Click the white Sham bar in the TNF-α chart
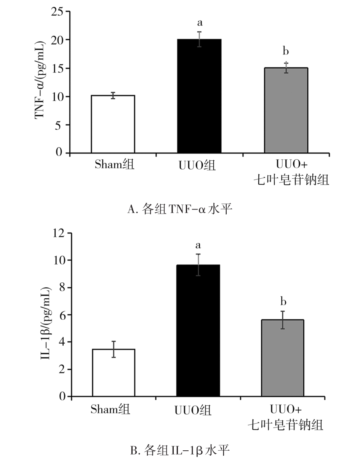pyautogui.click(x=113, y=124)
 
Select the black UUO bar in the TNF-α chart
pyautogui.click(x=199, y=96)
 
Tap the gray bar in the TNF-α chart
pyautogui.click(x=286, y=110)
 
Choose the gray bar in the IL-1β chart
pyautogui.click(x=282, y=358)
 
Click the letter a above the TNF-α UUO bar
pyautogui.click(x=200, y=24)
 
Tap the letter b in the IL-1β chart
pyautogui.click(x=283, y=302)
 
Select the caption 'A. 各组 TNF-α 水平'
pyautogui.click(x=179, y=209)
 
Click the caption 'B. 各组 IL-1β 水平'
pyautogui.click(x=179, y=451)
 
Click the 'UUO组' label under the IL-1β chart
pyautogui.click(x=193, y=410)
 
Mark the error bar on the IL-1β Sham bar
pyautogui.click(x=114, y=349)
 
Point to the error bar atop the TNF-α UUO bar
pyautogui.click(x=199, y=39)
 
